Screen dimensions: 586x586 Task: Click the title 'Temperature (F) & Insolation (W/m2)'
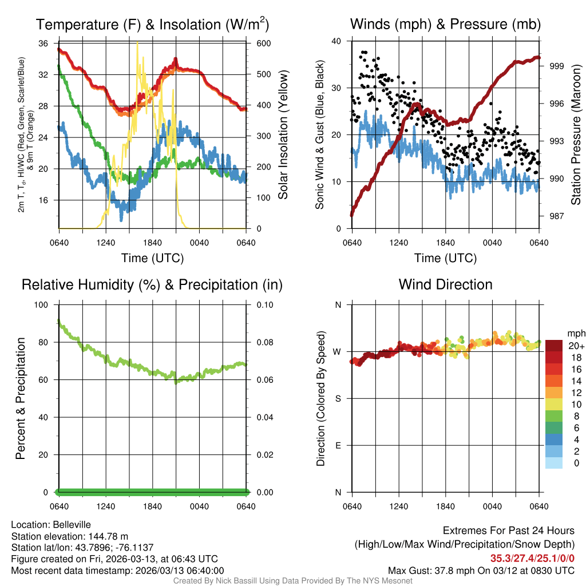(x=152, y=25)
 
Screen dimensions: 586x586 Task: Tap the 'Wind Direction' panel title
(x=445, y=284)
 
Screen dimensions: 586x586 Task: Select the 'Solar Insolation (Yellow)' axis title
(x=283, y=135)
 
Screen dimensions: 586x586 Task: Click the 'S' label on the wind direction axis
(x=338, y=399)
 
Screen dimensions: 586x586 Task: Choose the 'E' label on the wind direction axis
(x=338, y=446)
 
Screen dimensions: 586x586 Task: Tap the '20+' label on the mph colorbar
(x=575, y=346)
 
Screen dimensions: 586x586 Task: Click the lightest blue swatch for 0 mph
(x=553, y=464)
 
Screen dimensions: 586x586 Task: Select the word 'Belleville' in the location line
(x=70, y=524)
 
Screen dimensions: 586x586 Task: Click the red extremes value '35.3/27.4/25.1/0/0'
(x=532, y=559)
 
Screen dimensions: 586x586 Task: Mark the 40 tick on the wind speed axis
(x=336, y=41)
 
